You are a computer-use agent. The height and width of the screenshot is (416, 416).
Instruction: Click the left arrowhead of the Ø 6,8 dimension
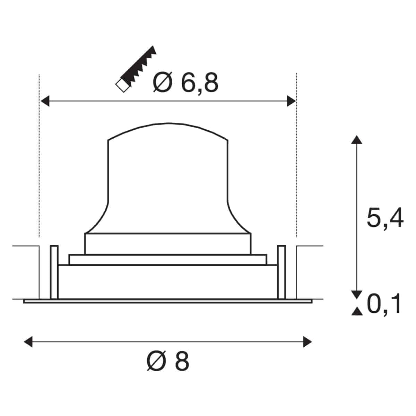coord(45,101)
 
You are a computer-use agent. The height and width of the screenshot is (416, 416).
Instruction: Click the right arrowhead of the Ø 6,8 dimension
coord(291,101)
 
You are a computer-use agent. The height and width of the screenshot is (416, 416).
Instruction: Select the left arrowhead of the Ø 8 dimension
coord(28,342)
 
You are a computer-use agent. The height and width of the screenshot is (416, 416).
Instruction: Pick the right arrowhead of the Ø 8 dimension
coord(307,342)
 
